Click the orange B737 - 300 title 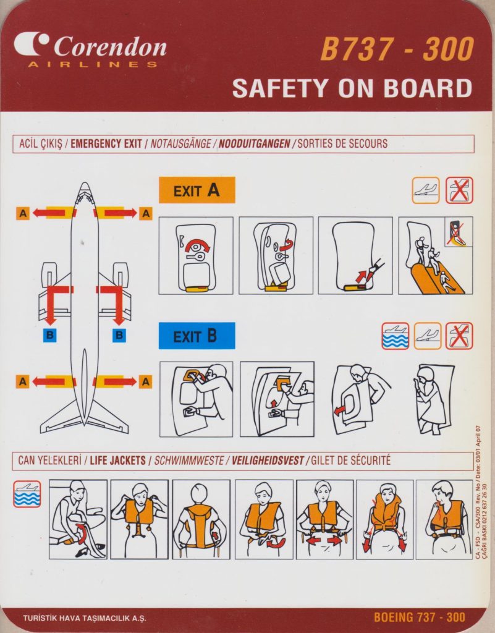click(x=397, y=49)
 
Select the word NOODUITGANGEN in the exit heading click(x=255, y=143)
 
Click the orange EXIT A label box click(x=197, y=190)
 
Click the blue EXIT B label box click(x=197, y=336)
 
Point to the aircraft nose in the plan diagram click(x=85, y=187)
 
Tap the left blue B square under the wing click(x=50, y=334)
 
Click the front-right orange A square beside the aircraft click(x=146, y=213)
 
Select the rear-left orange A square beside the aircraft click(x=23, y=381)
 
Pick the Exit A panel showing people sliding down click(x=436, y=255)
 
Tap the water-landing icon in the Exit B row click(x=396, y=336)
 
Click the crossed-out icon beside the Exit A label click(x=460, y=190)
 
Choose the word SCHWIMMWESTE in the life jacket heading click(x=189, y=461)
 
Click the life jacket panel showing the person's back click(x=201, y=519)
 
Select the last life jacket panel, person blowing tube click(x=444, y=519)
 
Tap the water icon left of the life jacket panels click(x=27, y=494)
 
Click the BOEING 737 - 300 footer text click(x=420, y=618)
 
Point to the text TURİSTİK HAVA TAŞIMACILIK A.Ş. click(x=84, y=618)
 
